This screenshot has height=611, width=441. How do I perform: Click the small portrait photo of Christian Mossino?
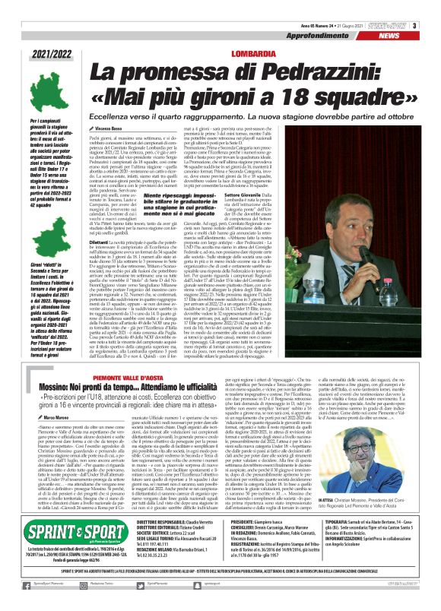click(380, 491)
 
